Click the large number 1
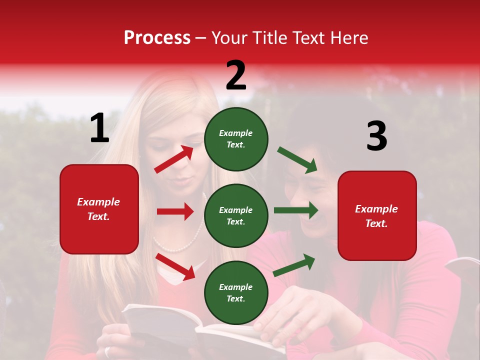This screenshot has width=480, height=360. [99, 128]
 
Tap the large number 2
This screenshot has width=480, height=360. [236, 75]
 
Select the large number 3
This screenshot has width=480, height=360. [376, 136]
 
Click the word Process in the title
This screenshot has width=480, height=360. [157, 37]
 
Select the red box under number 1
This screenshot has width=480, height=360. [99, 209]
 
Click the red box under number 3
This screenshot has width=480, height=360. [377, 215]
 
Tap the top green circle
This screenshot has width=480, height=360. [236, 139]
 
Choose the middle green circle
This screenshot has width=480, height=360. [236, 215]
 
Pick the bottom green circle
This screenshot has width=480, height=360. [236, 292]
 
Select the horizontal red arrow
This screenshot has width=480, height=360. [175, 211]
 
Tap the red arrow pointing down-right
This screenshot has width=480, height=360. [175, 266]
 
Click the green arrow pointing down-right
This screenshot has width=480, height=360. [297, 160]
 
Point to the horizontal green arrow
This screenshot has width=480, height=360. [295, 210]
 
